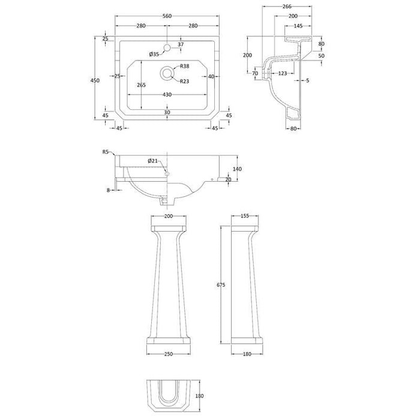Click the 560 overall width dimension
166,18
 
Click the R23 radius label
185,81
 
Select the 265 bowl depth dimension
142,85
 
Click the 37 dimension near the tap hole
181,45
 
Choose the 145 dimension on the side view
299,26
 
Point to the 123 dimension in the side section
283,73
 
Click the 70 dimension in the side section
256,73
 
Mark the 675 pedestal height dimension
221,286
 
